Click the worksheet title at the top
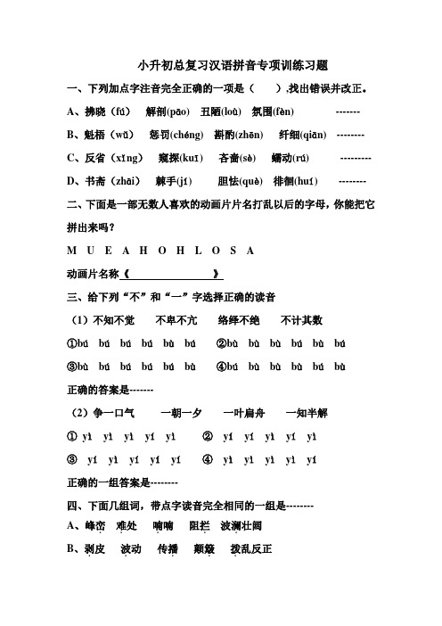(221, 66)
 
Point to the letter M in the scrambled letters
(71, 251)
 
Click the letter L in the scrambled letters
(208, 251)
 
